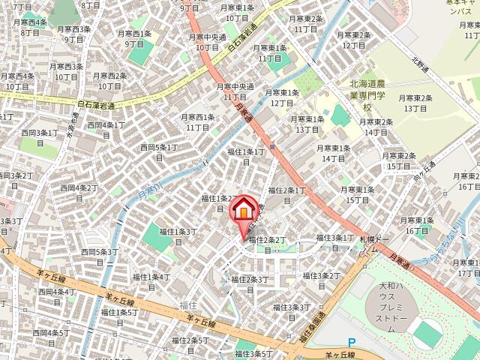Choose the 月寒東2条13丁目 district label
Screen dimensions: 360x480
tap(416, 103)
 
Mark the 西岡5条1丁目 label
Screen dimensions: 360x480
tap(159, 151)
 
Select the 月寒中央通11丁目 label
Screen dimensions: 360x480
tap(235, 91)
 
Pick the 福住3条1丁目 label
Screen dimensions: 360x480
tap(334, 241)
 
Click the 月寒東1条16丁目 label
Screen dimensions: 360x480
tap(417, 225)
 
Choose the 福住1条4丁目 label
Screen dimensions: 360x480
tap(151, 281)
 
